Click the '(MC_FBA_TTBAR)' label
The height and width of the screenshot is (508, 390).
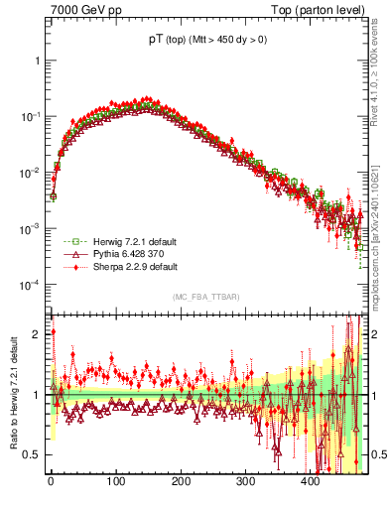(x=204, y=298)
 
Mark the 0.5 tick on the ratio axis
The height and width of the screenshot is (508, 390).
(x=34, y=454)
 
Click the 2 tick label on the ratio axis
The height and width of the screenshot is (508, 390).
(x=38, y=334)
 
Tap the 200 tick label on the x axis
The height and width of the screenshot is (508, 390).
(x=181, y=482)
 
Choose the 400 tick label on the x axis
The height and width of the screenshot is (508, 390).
(x=311, y=482)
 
